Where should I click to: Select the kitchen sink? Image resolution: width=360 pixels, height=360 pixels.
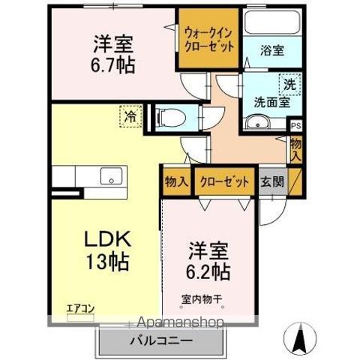tap(112, 178)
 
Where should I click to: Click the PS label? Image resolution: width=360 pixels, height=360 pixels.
tap(295, 126)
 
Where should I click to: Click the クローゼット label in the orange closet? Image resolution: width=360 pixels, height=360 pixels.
tap(223, 181)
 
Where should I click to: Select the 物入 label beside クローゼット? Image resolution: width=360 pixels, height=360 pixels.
tap(176, 181)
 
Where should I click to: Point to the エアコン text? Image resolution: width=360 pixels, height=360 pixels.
tap(79, 307)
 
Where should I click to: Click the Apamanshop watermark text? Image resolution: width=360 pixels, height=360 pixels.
tap(176, 323)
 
